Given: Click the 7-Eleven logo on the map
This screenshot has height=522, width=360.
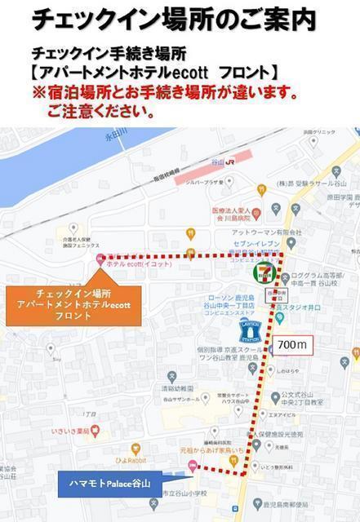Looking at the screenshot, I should tap(263, 272).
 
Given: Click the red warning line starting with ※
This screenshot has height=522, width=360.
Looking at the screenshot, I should tap(164, 93).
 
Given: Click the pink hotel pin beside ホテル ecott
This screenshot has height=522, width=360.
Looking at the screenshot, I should tap(100, 259).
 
